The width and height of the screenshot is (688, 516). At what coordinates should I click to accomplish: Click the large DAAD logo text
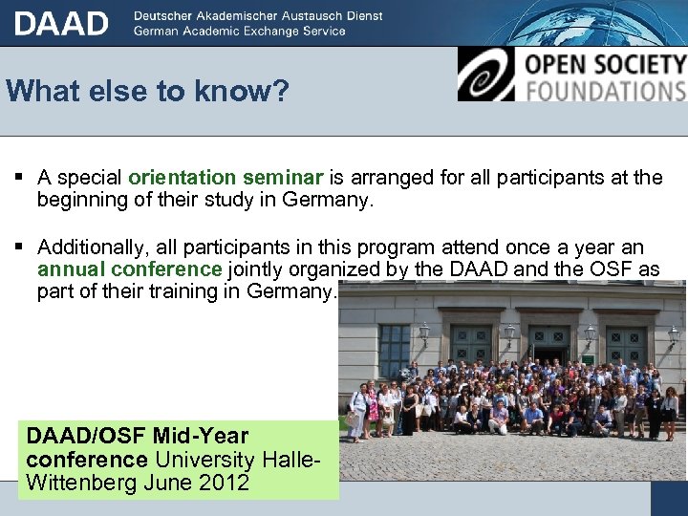click(x=61, y=23)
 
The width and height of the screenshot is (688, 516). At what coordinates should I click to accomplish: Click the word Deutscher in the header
click(x=166, y=16)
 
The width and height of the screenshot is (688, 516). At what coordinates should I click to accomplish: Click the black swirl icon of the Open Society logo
click(x=485, y=75)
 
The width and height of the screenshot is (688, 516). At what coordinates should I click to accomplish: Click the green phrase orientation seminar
click(x=226, y=177)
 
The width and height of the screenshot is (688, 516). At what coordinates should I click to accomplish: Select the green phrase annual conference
click(x=129, y=269)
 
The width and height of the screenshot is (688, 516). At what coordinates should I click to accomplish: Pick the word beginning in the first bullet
click(x=84, y=201)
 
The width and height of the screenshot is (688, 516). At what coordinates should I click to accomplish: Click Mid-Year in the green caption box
click(x=202, y=437)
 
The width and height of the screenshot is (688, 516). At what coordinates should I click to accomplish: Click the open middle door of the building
click(x=549, y=348)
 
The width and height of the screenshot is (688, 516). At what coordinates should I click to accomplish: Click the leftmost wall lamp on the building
click(x=424, y=332)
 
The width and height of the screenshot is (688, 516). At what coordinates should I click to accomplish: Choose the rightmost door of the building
click(x=627, y=348)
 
